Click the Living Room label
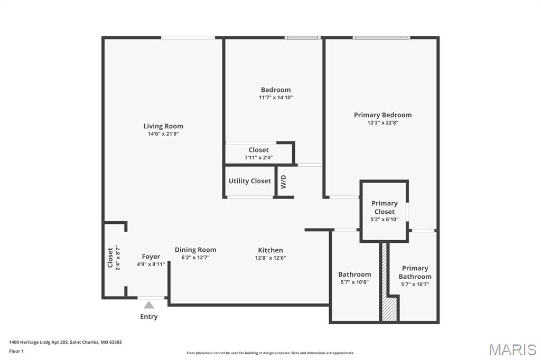point(163,126)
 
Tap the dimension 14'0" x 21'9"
point(163,134)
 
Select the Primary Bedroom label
point(383,115)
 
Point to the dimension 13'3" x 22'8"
point(383,123)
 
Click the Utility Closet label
point(249,181)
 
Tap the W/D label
point(283,182)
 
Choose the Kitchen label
point(270,250)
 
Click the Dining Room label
point(195,250)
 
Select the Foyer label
point(151,257)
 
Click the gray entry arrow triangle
point(149,305)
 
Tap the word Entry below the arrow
point(149,317)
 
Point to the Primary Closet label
point(384,207)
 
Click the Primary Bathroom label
point(415,272)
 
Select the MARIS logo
point(512,349)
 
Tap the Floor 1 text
point(16,351)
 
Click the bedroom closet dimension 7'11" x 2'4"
point(258,157)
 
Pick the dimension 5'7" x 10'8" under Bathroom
point(354,282)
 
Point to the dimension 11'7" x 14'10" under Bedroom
point(275,98)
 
